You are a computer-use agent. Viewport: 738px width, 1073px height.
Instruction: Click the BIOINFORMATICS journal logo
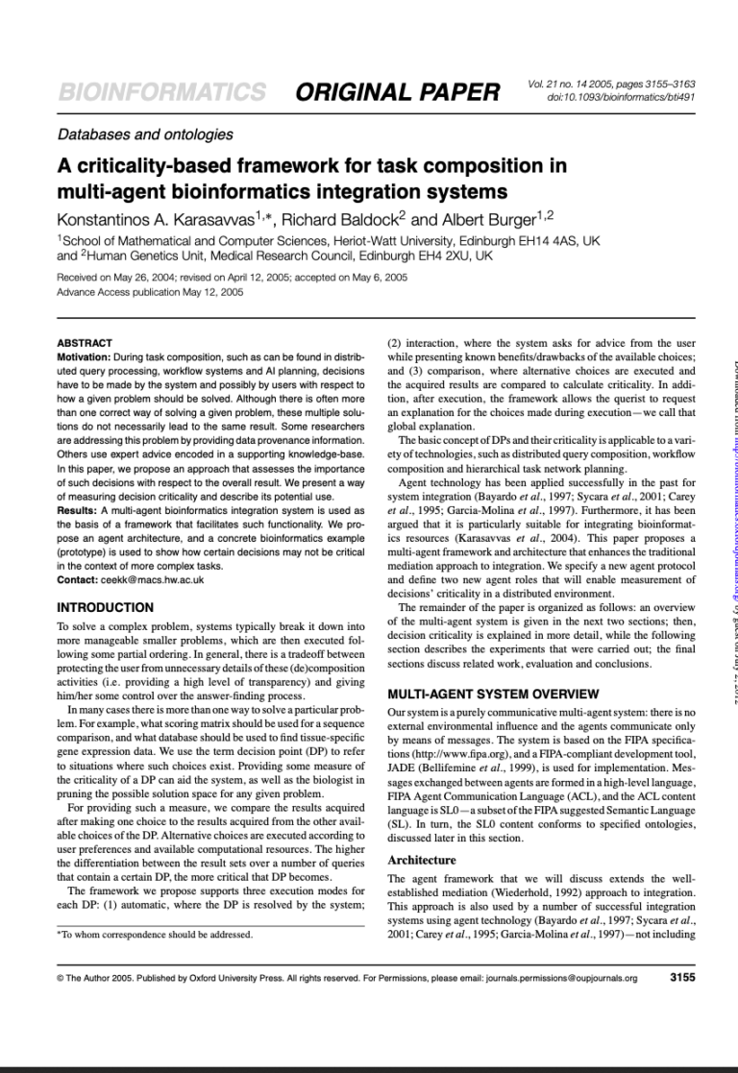click(x=161, y=93)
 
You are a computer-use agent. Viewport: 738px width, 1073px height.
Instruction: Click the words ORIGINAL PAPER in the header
click(x=398, y=93)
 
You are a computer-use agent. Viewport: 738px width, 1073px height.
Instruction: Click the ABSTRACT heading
click(x=85, y=343)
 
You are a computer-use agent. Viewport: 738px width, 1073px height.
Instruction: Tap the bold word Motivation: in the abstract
click(x=91, y=357)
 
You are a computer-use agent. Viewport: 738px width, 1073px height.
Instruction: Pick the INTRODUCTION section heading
click(x=106, y=608)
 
